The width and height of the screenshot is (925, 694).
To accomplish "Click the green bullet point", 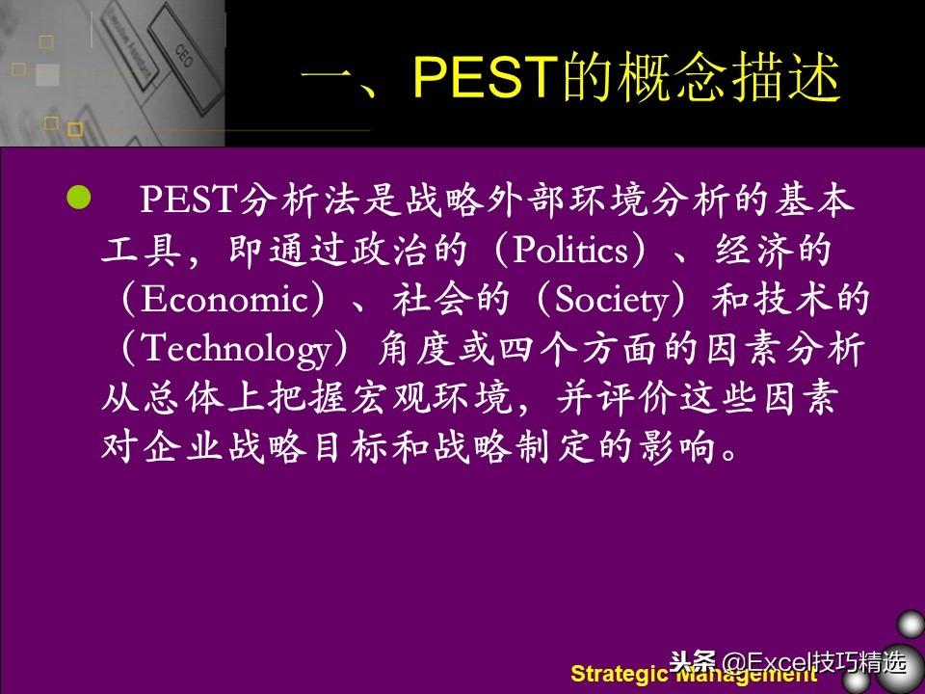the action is (x=79, y=198).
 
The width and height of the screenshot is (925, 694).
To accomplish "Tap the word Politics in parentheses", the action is (x=570, y=251).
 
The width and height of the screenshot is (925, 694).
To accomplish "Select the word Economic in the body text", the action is (x=225, y=299).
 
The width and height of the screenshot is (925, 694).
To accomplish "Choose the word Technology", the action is (x=237, y=350).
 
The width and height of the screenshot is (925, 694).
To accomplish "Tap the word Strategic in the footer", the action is (x=619, y=674).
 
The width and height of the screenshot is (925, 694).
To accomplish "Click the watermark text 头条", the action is (x=693, y=662).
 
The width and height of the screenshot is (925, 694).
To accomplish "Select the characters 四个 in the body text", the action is (x=538, y=348).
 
